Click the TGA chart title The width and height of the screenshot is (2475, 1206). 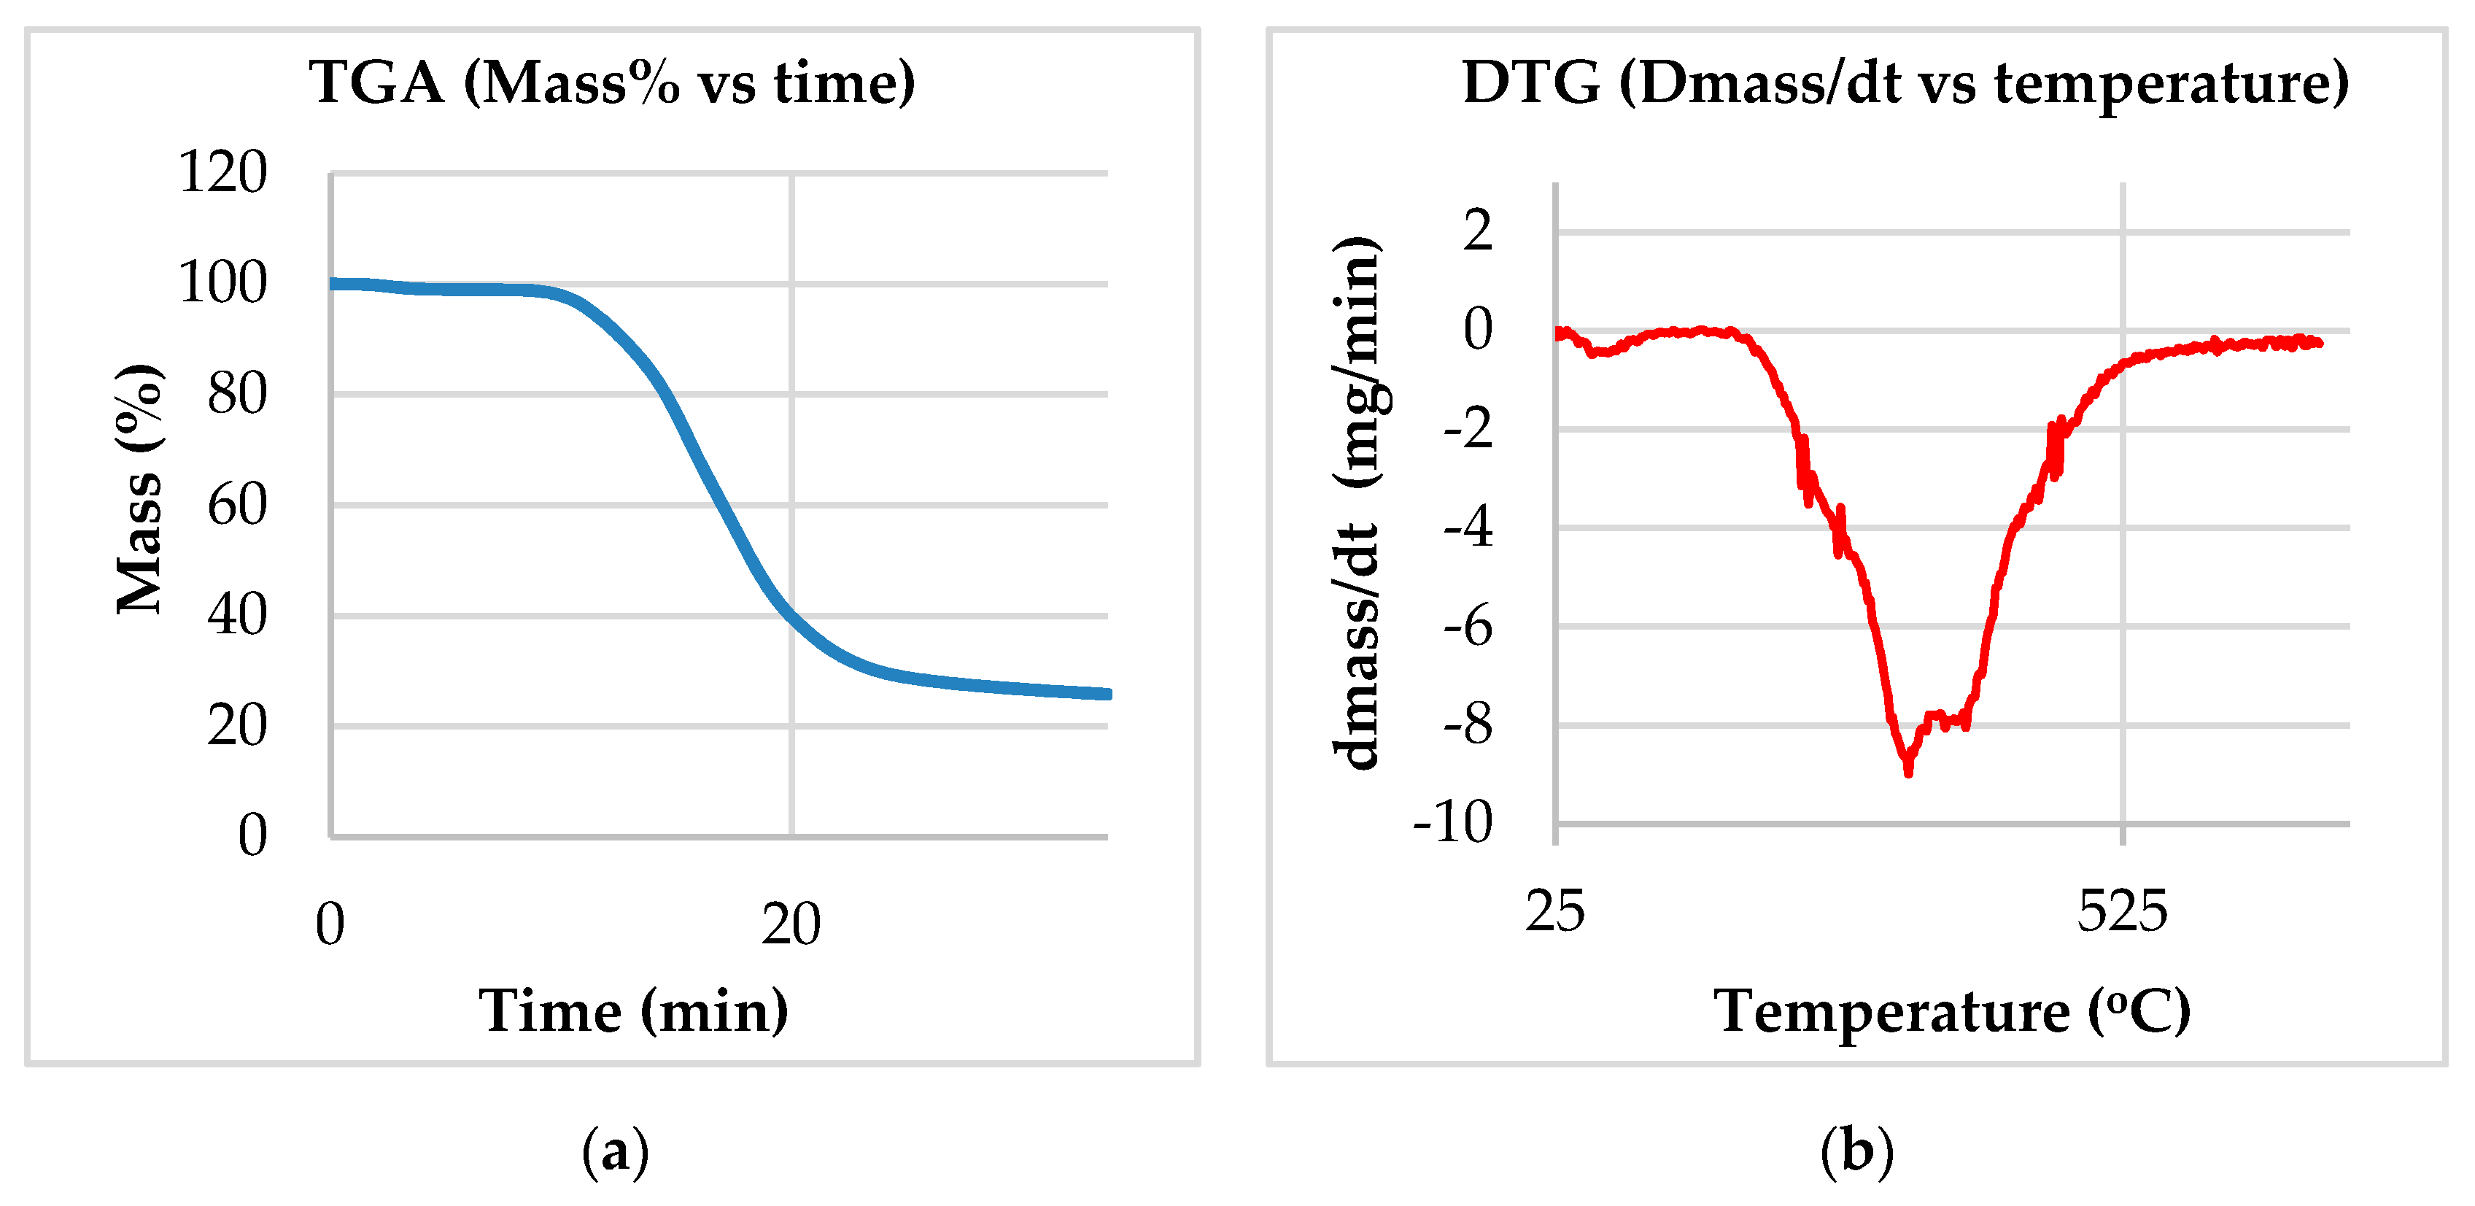[612, 82]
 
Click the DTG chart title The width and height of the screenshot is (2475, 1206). [1905, 82]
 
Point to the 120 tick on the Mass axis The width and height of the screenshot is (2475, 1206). [223, 173]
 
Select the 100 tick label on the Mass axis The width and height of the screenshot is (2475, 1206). [223, 284]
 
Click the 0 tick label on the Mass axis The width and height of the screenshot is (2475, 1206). [252, 835]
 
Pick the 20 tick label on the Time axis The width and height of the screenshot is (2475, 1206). [791, 924]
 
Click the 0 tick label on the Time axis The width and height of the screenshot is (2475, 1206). [330, 924]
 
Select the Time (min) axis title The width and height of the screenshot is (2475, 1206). [633, 1011]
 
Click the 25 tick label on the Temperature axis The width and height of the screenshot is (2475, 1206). [1554, 911]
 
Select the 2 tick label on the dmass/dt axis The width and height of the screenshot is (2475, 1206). [1478, 231]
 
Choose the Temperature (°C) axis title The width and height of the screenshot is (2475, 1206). [1951, 1011]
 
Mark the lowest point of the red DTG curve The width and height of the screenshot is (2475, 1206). [1908, 770]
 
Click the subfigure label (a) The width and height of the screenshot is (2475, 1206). [615, 1151]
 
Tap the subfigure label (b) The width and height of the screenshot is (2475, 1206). [1856, 1151]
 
